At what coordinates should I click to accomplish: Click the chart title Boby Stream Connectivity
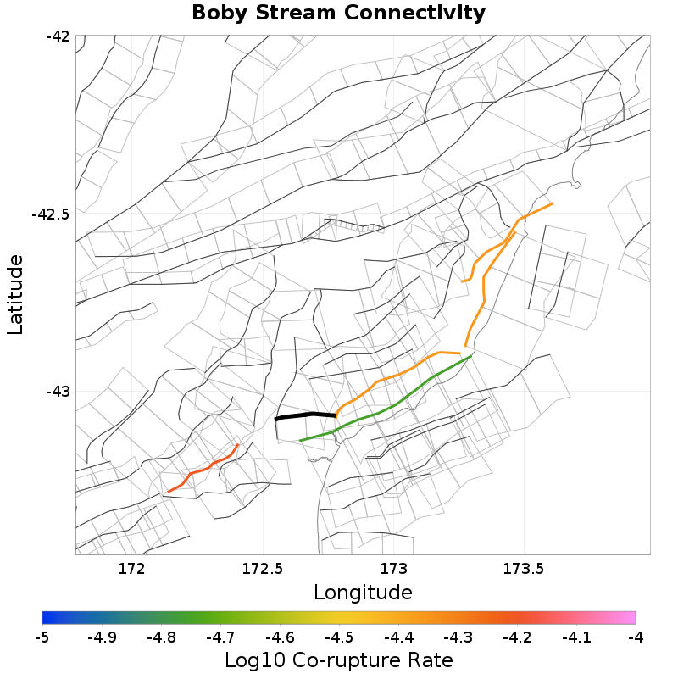tap(338, 13)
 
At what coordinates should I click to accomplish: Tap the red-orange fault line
tap(204, 469)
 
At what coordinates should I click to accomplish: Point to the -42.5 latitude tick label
tap(50, 214)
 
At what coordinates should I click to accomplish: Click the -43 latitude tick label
tap(58, 392)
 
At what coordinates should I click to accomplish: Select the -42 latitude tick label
tap(58, 36)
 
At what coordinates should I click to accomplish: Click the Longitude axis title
tap(363, 592)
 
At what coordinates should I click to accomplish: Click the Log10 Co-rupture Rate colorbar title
tap(338, 660)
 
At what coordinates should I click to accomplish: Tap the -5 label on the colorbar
tap(42, 637)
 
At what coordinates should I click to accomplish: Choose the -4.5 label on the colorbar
tap(338, 637)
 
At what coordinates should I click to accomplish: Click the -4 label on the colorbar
tap(636, 637)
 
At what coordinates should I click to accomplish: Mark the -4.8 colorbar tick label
tap(160, 637)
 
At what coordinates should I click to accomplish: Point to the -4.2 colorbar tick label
tap(516, 637)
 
